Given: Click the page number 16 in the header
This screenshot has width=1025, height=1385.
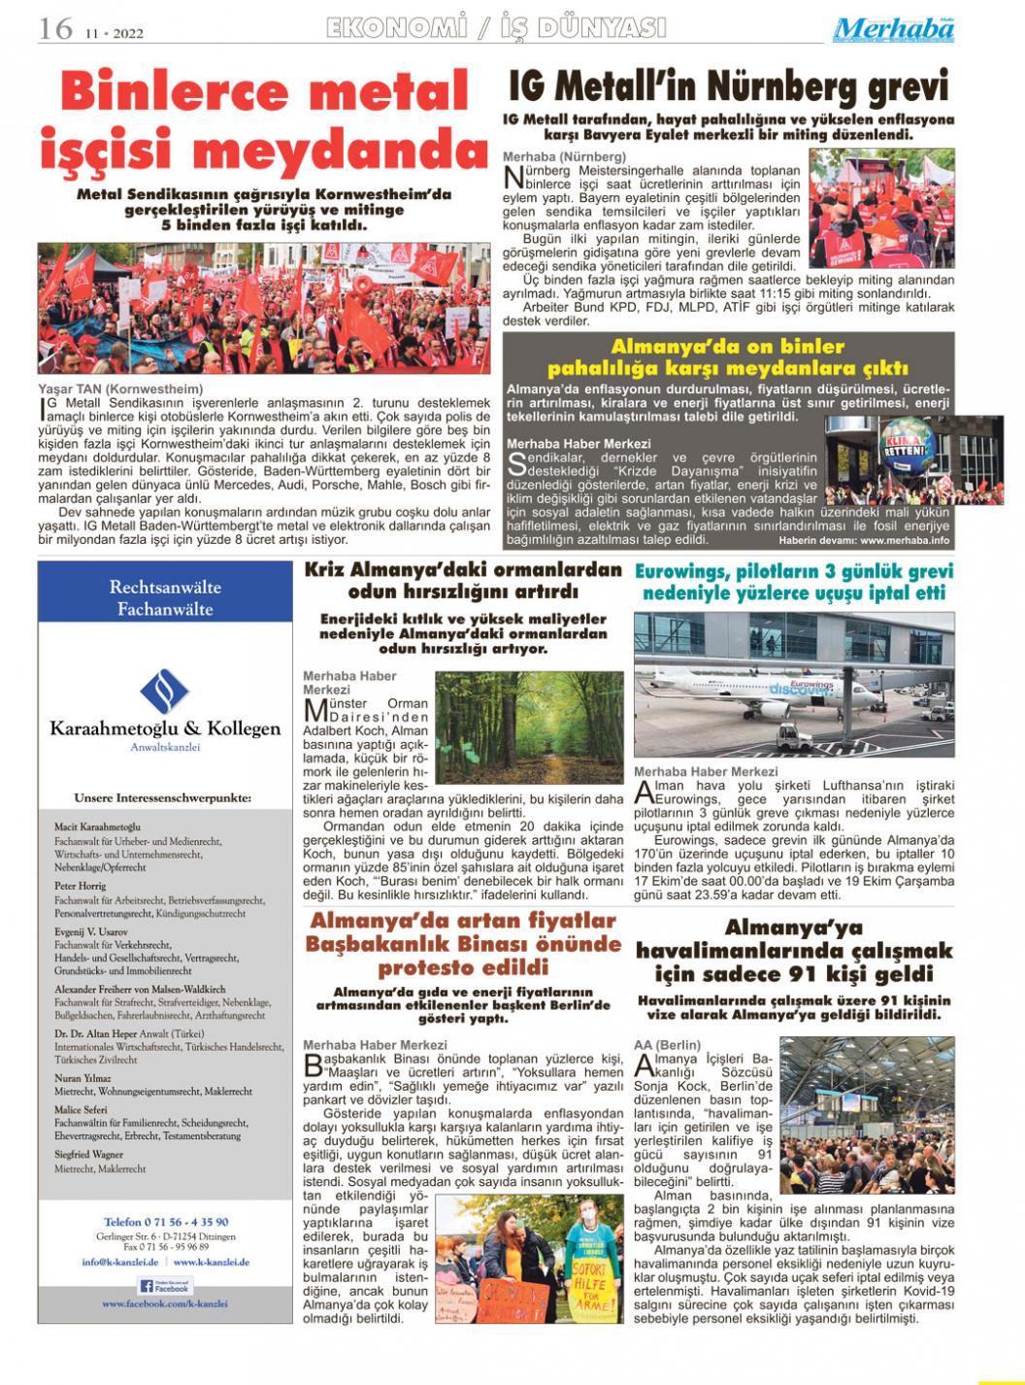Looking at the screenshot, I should coord(55,28).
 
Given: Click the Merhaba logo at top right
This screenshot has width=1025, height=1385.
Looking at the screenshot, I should coord(893,29).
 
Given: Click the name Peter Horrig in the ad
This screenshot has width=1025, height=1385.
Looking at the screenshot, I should coord(81,885).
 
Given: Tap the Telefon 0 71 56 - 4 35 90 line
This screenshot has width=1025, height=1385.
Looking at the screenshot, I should coord(166,1221).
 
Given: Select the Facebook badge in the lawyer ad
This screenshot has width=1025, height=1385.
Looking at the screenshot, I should coord(165,1285).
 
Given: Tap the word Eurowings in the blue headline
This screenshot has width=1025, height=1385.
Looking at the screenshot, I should coord(679,571).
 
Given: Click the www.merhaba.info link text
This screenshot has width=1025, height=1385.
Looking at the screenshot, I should coord(904,539).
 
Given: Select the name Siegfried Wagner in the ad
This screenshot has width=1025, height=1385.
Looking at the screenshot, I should coord(90,1154).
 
